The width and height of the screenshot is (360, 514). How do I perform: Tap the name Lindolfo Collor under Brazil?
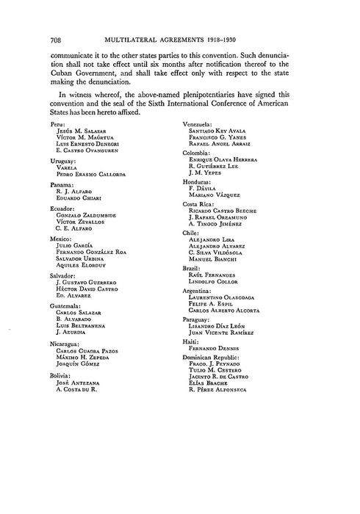(x=223, y=282)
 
